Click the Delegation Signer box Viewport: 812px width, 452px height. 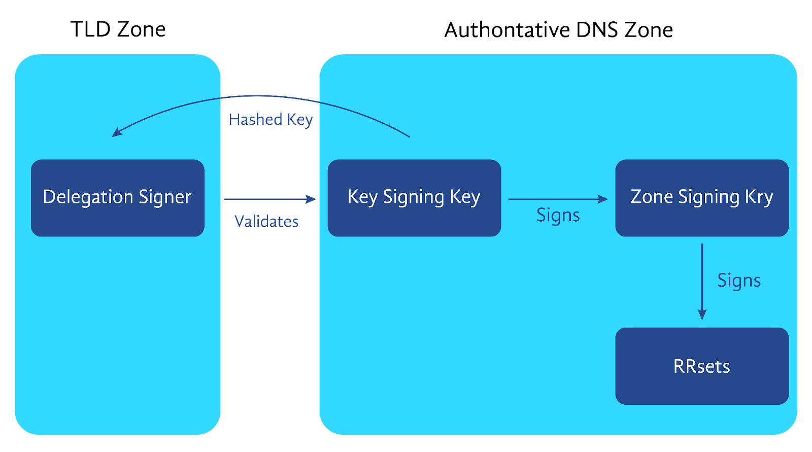tap(117, 198)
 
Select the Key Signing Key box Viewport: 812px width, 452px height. tap(414, 198)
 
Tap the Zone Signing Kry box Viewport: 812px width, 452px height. tap(702, 198)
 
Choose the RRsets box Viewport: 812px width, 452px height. tap(702, 366)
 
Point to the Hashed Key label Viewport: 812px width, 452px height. tap(271, 120)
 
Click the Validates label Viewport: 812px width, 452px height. tap(266, 221)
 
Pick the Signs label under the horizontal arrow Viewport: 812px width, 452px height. tap(558, 216)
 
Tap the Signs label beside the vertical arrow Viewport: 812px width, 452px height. tap(739, 281)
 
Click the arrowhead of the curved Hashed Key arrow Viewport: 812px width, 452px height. tap(116, 132)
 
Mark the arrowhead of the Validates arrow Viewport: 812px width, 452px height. tap(311, 199)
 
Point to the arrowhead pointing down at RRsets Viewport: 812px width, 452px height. tap(702, 315)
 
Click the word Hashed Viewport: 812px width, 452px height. tap(255, 120)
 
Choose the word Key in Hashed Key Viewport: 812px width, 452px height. tap(300, 120)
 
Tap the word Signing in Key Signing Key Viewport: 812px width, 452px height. tap(413, 197)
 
